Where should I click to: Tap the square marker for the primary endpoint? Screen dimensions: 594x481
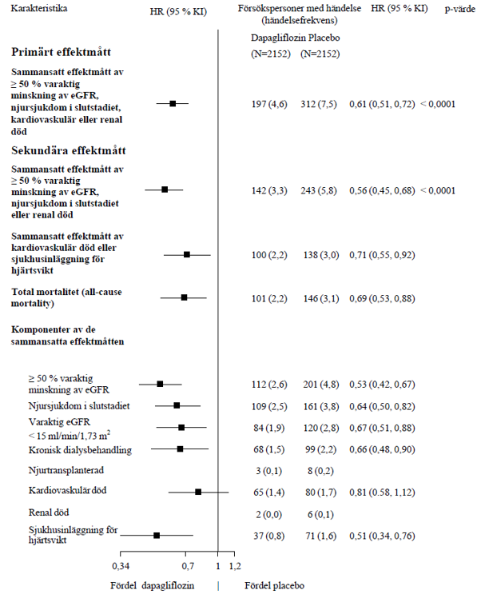pos(173,103)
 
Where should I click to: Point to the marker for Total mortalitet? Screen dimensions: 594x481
pos(184,297)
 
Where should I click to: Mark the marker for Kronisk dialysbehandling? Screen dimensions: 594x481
pos(180,449)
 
